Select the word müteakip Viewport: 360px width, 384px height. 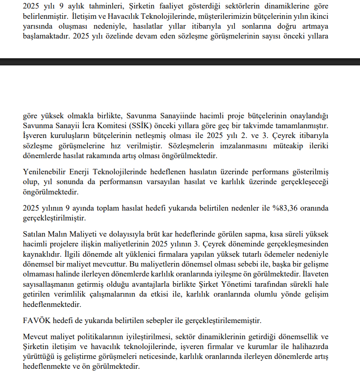point(288,146)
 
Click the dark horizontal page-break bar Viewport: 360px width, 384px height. point(180,62)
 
